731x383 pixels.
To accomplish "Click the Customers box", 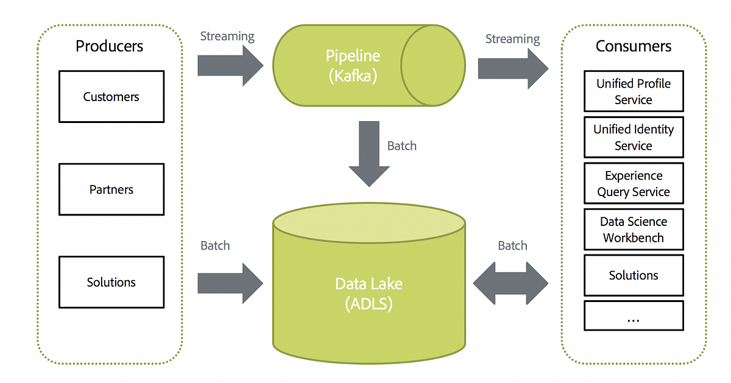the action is click(111, 97).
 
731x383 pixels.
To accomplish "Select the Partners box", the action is click(111, 189).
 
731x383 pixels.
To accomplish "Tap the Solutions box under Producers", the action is click(111, 282).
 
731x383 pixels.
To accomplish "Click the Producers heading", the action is click(109, 46).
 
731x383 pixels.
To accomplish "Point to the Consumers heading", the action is click(634, 46).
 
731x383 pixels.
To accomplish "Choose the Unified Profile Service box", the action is click(634, 91).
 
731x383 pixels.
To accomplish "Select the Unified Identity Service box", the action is click(634, 137).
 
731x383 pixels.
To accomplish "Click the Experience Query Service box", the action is click(634, 183).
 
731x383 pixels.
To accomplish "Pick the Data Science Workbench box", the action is click(634, 230).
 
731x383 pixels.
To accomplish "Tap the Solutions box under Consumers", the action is click(634, 275).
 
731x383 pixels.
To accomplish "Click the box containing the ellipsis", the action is click(634, 316).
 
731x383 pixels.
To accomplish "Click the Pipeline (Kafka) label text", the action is click(353, 66).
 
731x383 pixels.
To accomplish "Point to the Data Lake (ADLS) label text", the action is click(369, 293).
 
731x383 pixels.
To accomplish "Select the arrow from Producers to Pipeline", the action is click(230, 66).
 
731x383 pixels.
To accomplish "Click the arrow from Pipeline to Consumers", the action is click(513, 69).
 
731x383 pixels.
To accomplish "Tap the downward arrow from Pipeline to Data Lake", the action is click(369, 154).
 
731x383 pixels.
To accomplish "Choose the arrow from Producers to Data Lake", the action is click(230, 283).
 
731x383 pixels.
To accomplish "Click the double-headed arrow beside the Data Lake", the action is click(510, 283).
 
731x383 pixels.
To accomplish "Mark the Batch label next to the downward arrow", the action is click(401, 146).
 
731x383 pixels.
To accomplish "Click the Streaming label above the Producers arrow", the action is click(227, 37).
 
